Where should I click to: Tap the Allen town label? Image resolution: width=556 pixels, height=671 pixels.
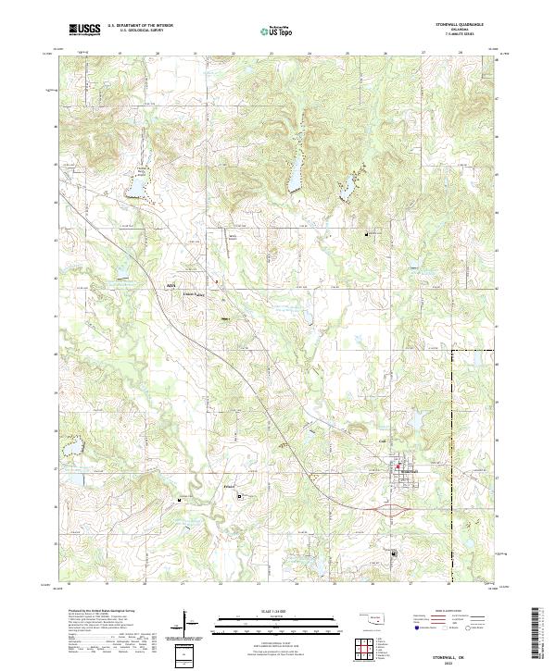(170, 285)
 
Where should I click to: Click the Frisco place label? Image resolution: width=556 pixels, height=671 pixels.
(230, 484)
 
